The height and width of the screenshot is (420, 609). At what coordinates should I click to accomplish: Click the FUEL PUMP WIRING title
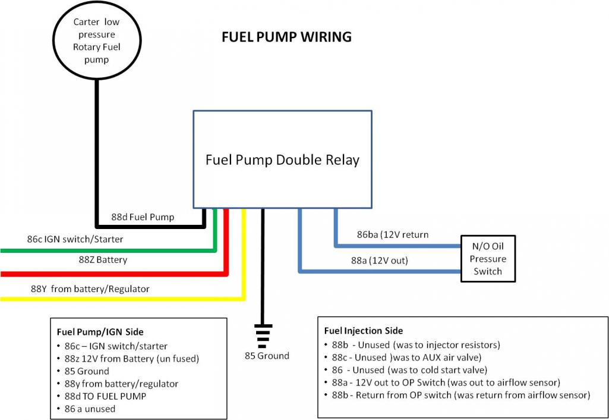[x=286, y=37]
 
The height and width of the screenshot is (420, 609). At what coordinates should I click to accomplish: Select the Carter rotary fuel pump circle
[x=96, y=40]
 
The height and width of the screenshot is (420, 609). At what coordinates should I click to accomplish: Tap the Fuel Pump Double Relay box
[x=282, y=159]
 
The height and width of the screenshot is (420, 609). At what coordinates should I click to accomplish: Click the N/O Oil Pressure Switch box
[x=488, y=259]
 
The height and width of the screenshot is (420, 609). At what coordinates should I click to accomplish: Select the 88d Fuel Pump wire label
[x=143, y=217]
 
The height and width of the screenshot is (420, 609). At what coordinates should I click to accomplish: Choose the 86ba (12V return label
[x=392, y=234]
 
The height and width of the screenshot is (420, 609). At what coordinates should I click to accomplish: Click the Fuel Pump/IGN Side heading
[x=100, y=332]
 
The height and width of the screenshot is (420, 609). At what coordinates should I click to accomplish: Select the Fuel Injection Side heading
[x=364, y=331]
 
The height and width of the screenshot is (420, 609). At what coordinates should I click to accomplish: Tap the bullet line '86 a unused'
[x=89, y=409]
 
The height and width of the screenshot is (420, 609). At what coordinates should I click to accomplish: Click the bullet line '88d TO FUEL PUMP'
[x=105, y=396]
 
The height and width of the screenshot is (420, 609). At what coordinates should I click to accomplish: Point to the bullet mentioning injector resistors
[x=416, y=345]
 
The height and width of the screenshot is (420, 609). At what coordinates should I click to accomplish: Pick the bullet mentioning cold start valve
[x=410, y=370]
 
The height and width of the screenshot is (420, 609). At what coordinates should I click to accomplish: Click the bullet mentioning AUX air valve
[x=410, y=358]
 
